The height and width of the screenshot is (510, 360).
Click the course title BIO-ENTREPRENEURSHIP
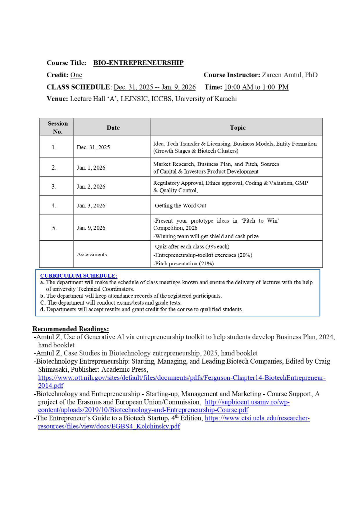pos(138,63)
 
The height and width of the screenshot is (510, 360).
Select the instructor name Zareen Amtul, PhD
pos(289,75)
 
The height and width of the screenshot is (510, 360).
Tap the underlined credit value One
pos(76,75)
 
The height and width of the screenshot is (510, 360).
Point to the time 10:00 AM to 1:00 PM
pos(256,87)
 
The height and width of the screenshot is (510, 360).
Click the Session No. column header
pos(57,127)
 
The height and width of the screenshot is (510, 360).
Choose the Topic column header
pos(237,128)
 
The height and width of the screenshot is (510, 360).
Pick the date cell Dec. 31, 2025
pos(93,147)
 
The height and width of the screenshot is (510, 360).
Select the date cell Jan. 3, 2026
pos(91,205)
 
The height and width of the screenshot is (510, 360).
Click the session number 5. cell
pos(54,228)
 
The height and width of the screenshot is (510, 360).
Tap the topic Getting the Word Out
pos(180,205)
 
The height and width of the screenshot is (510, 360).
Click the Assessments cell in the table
pos(92,254)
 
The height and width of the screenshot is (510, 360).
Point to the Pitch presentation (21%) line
pos(183,263)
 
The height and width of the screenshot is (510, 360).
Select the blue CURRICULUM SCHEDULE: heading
pos(79,275)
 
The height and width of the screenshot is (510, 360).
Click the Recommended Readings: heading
pos(71,329)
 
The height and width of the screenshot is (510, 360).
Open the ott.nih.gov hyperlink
pos(182,377)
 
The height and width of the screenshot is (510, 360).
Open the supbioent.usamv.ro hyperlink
pos(247,402)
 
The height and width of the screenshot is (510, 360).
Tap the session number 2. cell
pos(54,168)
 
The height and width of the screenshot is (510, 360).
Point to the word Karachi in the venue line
pos(225,99)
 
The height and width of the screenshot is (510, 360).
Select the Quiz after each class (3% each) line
pos(191,246)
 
